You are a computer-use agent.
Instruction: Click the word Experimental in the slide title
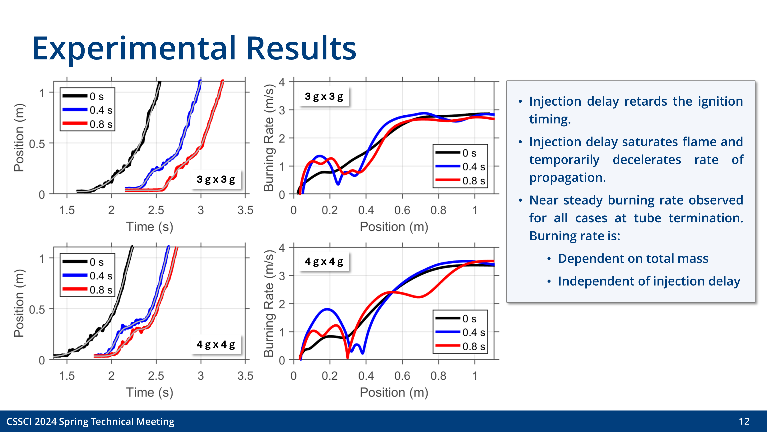tap(134, 48)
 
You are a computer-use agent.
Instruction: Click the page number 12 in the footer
tap(744, 421)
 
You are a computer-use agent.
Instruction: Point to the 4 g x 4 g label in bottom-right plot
tap(324, 262)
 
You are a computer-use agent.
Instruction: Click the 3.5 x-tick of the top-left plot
tap(245, 210)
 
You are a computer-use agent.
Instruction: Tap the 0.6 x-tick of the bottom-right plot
tap(402, 376)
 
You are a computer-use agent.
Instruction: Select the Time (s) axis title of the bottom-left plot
tap(150, 392)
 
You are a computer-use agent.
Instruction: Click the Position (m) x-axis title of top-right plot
tap(394, 227)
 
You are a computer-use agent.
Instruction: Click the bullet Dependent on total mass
tap(633, 258)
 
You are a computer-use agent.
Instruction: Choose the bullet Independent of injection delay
tap(649, 281)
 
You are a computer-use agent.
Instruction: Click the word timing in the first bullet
tap(550, 119)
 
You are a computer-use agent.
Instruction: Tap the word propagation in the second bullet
tap(567, 178)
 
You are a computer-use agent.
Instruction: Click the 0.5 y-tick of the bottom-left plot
tap(37, 310)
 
